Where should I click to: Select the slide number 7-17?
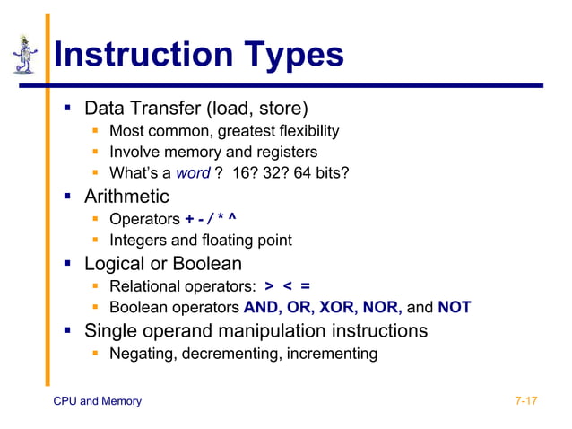[x=526, y=401]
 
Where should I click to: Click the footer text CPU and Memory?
[x=98, y=401]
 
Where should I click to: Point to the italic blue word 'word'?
[x=193, y=172]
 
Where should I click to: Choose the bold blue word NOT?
[x=454, y=308]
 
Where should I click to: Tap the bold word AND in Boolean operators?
[x=261, y=308]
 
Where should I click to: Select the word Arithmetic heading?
[x=126, y=196]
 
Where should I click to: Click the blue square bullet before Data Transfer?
[x=67, y=109]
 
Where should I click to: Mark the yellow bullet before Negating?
[x=95, y=354]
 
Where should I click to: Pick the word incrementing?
[x=331, y=354]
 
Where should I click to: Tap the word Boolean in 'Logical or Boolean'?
[x=206, y=264]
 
